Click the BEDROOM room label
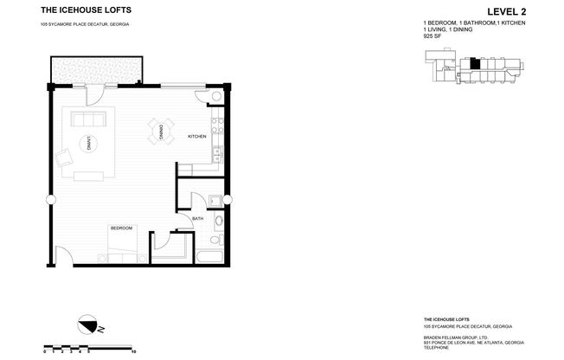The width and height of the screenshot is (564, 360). pyautogui.click(x=121, y=228)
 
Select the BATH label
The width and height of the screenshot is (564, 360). pyautogui.click(x=197, y=218)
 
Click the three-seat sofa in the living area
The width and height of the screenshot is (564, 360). pyautogui.click(x=87, y=119)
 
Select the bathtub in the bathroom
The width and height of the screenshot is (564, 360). pyautogui.click(x=208, y=256)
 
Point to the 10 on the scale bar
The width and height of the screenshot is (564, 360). pyautogui.click(x=133, y=351)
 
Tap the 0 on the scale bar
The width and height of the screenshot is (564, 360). pyautogui.click(x=44, y=351)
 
